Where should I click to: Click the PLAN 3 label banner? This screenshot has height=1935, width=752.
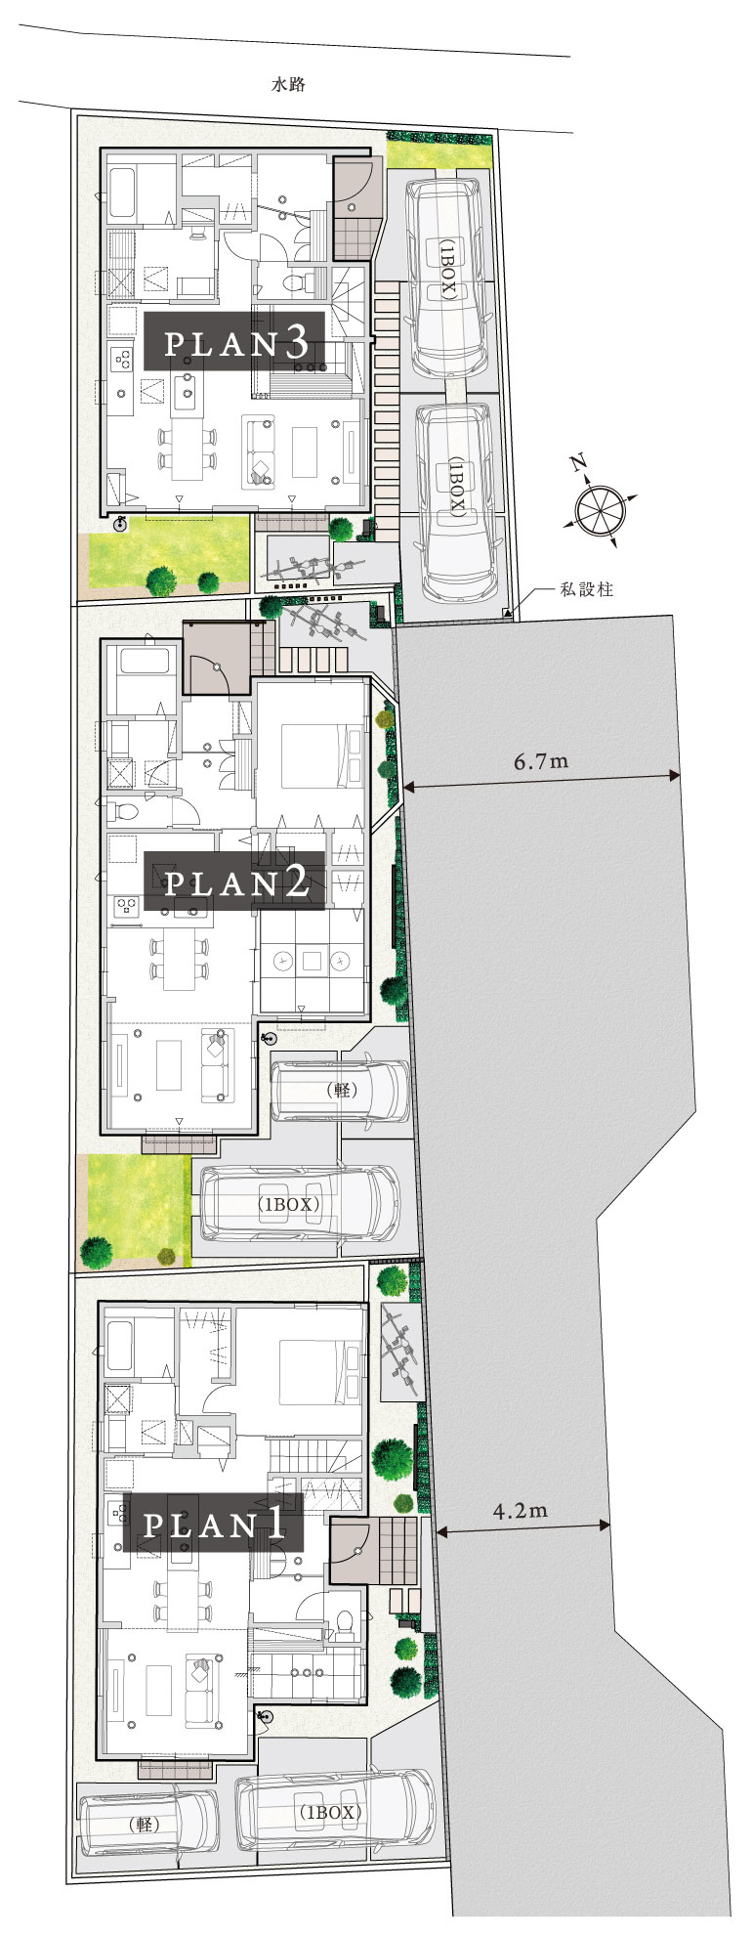coord(235,342)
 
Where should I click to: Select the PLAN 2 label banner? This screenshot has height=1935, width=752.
coord(235,882)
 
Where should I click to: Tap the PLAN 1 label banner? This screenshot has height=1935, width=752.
coord(213,1524)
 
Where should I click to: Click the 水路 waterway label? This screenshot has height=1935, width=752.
coord(288,85)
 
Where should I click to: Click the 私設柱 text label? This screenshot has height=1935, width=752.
coord(586,589)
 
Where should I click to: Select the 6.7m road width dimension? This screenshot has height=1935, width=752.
coord(541,761)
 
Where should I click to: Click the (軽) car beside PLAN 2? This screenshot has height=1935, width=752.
coord(340,1090)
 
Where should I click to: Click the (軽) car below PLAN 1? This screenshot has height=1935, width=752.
coord(149,1824)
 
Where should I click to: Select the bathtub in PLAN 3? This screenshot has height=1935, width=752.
coord(121,193)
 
